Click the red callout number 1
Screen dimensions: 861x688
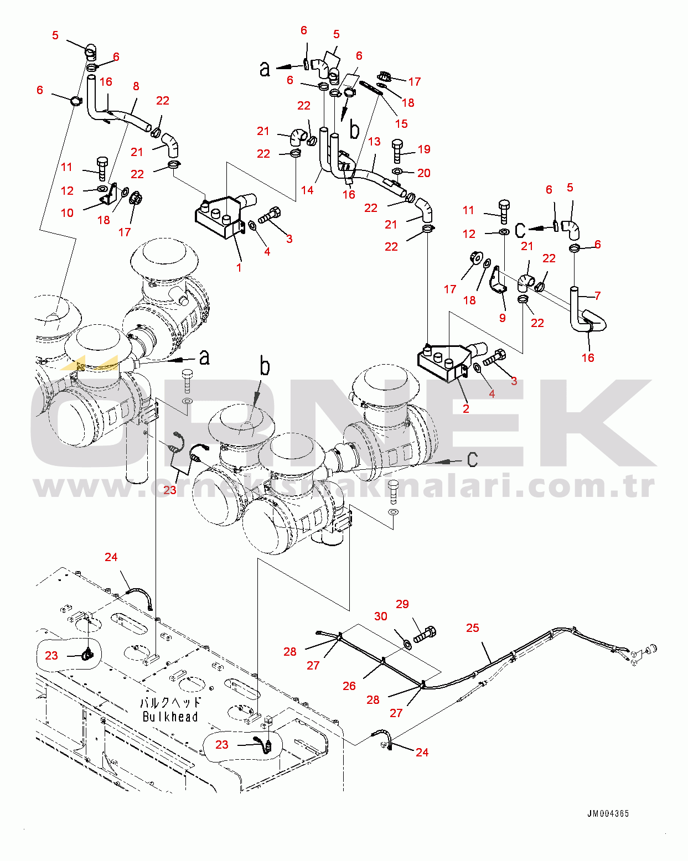pyautogui.click(x=239, y=268)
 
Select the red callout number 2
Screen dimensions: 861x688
pyautogui.click(x=466, y=408)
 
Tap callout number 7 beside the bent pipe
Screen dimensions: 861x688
pyautogui.click(x=597, y=295)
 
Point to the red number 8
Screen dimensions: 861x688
pyautogui.click(x=136, y=86)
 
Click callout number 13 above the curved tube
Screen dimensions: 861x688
pyautogui.click(x=374, y=142)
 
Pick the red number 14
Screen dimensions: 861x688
pyautogui.click(x=307, y=190)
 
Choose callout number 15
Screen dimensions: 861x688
pyautogui.click(x=401, y=124)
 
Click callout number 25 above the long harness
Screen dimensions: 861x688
pyautogui.click(x=472, y=627)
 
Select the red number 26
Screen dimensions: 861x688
pyautogui.click(x=349, y=686)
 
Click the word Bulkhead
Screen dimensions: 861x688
pyautogui.click(x=170, y=717)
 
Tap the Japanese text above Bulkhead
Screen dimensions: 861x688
pyautogui.click(x=170, y=703)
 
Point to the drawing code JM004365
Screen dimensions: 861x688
pyautogui.click(x=608, y=813)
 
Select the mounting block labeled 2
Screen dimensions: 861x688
pyautogui.click(x=443, y=362)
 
